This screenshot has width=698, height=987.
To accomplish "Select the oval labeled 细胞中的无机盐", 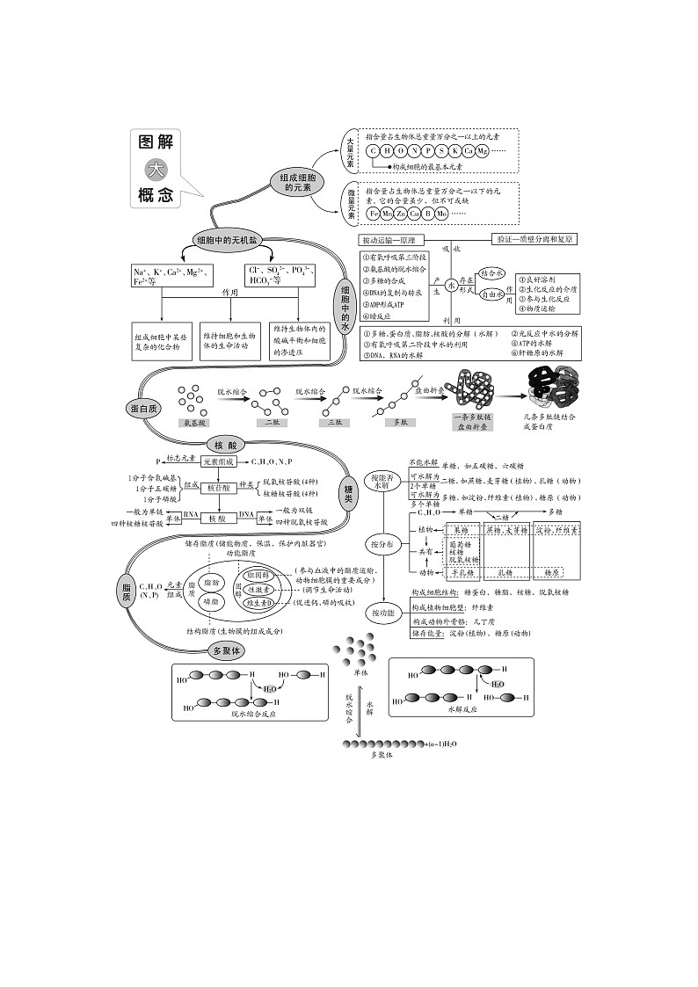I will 225,239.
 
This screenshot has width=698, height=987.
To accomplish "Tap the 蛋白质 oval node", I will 142,408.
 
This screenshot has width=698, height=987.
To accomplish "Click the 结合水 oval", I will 492,273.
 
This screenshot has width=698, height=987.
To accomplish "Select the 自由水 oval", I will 492,296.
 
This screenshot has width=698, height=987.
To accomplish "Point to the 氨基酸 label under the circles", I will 193,423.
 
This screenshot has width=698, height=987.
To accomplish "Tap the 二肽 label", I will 272,423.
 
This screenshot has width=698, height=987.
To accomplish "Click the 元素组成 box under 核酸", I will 218,461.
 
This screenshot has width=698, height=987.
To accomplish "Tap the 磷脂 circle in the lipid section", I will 211,602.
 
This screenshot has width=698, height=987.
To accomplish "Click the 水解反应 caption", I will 461,708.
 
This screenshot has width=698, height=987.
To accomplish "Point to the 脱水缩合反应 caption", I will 254,715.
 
